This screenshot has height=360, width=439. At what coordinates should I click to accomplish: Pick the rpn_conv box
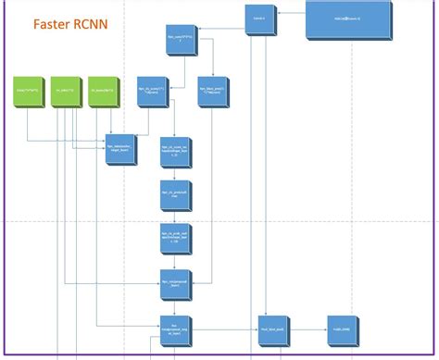click(x=179, y=43)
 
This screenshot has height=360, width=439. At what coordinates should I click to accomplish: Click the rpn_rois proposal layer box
click(x=174, y=284)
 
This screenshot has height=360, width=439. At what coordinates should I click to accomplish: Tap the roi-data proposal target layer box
click(x=174, y=328)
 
